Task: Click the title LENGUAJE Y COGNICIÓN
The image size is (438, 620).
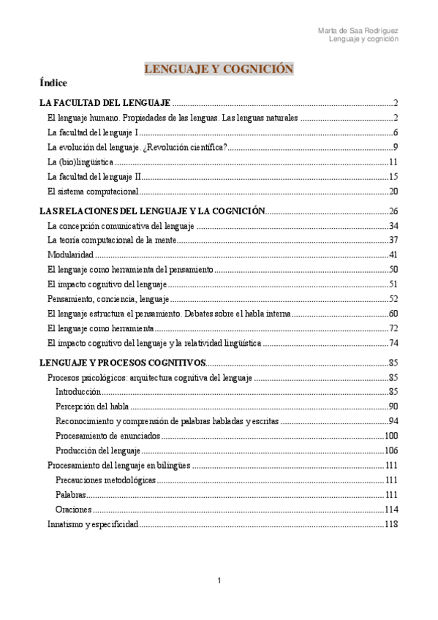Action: click(x=219, y=69)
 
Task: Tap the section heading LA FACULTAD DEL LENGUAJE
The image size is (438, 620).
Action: click(x=105, y=102)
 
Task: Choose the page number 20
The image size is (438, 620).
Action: click(x=392, y=192)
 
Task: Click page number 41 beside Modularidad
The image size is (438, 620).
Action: click(x=392, y=254)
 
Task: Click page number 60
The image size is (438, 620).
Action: click(x=392, y=314)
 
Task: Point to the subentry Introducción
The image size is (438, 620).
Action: click(x=78, y=392)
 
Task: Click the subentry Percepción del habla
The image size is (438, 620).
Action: click(x=92, y=407)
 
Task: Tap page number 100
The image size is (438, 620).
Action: click(x=390, y=436)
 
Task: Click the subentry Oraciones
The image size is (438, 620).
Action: click(x=73, y=509)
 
